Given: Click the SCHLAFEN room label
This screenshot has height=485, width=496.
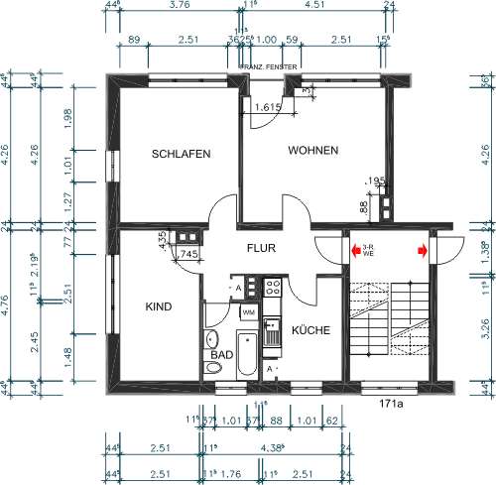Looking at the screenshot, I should click(180, 154).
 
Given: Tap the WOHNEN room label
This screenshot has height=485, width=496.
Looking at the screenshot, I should click(313, 150).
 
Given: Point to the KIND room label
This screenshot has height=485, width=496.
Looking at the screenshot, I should click(159, 306).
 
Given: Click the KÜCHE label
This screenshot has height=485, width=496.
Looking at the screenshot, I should click(310, 330).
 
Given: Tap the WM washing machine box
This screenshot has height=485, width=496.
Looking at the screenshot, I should click(248, 311).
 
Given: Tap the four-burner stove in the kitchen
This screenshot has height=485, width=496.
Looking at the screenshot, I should click(274, 288).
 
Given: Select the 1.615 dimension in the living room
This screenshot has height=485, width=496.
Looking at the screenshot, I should click(268, 106).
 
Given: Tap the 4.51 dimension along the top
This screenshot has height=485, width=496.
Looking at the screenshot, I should click(314, 5).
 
